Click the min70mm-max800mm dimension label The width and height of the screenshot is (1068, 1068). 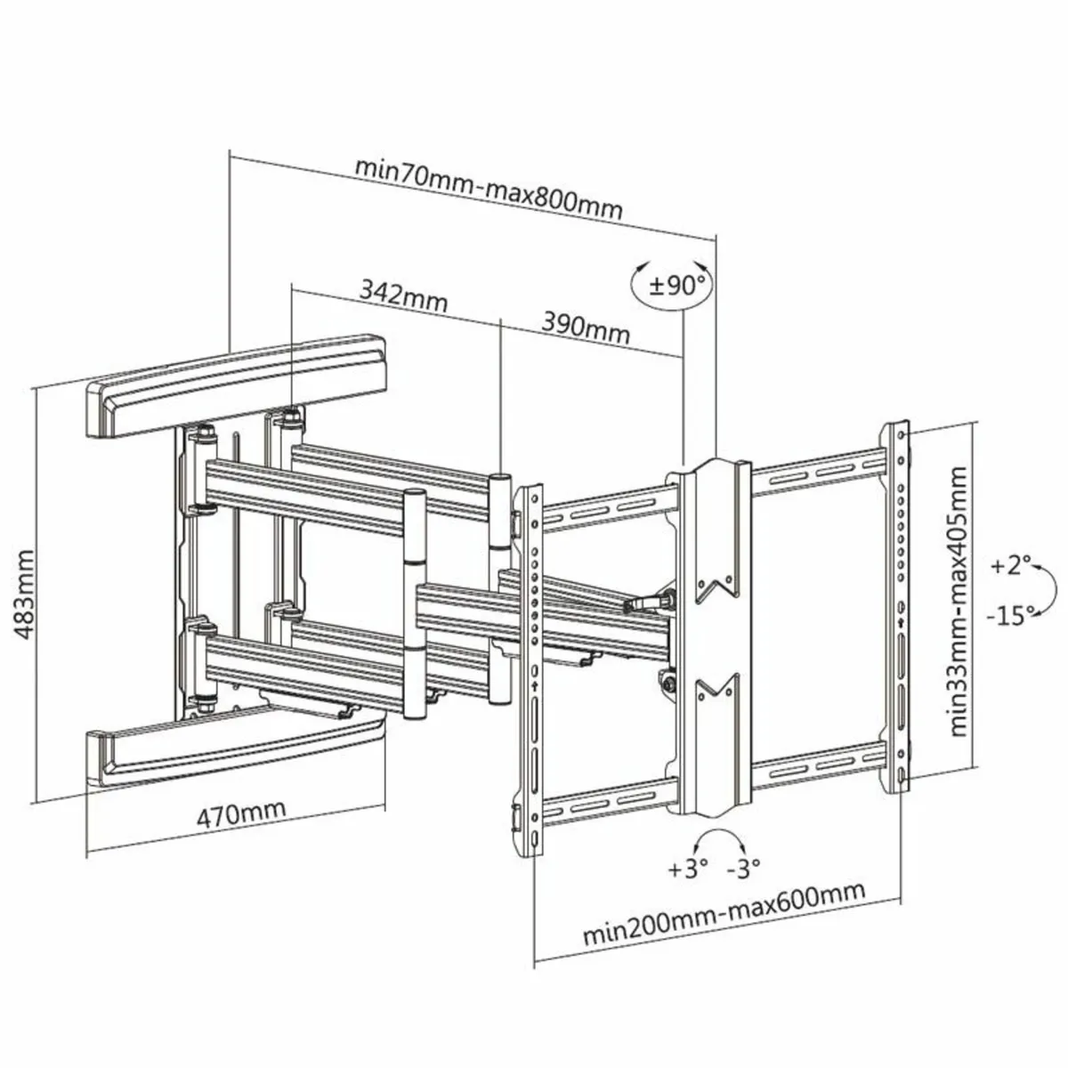click(489, 189)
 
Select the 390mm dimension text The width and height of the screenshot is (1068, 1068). click(586, 329)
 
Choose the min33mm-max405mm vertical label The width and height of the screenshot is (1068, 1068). click(959, 603)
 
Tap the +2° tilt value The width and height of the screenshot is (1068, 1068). click(1014, 564)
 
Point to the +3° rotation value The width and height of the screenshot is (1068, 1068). click(688, 867)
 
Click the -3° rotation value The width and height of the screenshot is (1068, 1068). click(743, 867)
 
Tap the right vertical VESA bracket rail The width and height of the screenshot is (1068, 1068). click(901, 605)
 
